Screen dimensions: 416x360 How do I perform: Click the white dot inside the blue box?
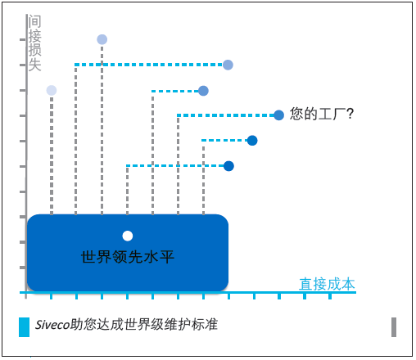click(128, 236)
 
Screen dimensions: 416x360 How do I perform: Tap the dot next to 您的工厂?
click(278, 115)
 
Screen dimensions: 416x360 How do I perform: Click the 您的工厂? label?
click(322, 114)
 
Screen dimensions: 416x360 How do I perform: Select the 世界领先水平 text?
click(128, 257)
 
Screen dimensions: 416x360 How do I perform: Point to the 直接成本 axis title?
click(327, 284)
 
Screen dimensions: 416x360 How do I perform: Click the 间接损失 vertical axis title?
click(34, 43)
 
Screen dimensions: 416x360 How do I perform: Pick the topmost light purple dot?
click(102, 39)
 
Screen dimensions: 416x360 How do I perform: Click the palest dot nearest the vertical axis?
click(52, 90)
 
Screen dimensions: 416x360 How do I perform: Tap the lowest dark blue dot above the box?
click(228, 166)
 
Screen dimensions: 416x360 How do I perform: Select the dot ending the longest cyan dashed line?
click(228, 65)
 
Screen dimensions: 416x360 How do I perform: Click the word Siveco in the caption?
click(52, 325)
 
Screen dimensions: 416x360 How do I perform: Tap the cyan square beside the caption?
click(24, 327)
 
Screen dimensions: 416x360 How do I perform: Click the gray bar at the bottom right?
click(394, 327)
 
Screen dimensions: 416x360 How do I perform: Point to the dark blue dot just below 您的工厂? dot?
click(252, 141)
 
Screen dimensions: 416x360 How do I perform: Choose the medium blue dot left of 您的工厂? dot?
click(203, 91)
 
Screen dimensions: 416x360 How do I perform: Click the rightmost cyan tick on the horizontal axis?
click(330, 296)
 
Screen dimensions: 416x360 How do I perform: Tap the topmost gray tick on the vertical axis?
click(23, 40)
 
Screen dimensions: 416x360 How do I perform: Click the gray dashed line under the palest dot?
click(52, 155)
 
